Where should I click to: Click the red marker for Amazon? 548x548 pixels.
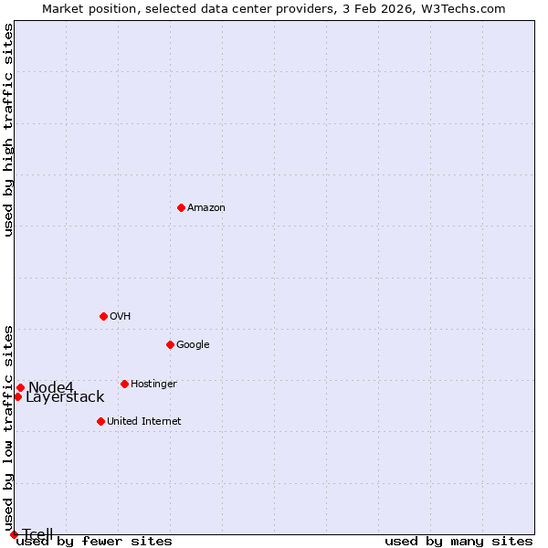[x=181, y=207]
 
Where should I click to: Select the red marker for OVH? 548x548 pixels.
[x=103, y=316]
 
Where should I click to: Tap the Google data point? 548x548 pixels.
[x=170, y=344]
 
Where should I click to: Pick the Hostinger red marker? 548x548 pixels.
[x=124, y=384]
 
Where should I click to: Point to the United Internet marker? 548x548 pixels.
[x=100, y=421]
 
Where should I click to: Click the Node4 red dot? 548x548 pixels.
[x=20, y=387]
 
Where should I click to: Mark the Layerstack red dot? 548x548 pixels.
[x=17, y=396]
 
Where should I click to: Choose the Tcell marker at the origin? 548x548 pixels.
[x=14, y=534]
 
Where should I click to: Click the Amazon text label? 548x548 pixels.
[x=206, y=208]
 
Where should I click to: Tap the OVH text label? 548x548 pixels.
[x=121, y=317]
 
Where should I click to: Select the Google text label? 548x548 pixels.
[x=193, y=345]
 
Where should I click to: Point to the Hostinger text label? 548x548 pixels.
[x=153, y=385]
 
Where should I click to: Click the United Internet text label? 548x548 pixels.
[x=144, y=422]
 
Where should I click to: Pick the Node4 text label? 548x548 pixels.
[x=50, y=387]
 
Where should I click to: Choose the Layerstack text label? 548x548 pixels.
[x=65, y=397]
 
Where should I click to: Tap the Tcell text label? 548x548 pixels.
[x=37, y=534]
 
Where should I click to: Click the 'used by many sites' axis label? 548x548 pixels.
[x=458, y=542]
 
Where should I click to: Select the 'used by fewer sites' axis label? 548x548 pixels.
[x=94, y=542]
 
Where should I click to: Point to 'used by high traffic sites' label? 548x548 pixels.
[x=9, y=130]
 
